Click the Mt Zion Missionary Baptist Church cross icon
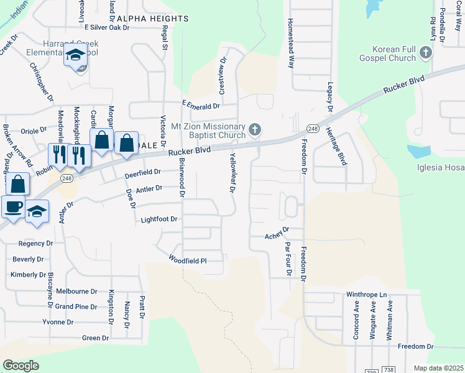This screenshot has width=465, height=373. [254, 129]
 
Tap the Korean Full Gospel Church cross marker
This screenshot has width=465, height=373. [426, 53]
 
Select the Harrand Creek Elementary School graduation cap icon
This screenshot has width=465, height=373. [76, 55]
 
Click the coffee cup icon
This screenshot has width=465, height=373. [12, 206]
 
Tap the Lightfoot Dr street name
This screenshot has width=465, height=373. [159, 219]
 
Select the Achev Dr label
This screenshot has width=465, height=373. [277, 233]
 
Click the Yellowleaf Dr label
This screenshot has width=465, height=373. [233, 173]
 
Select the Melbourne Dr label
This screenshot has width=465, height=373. [76, 291]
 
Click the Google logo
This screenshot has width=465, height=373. [21, 366]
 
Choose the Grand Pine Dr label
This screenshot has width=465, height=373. [76, 306]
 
